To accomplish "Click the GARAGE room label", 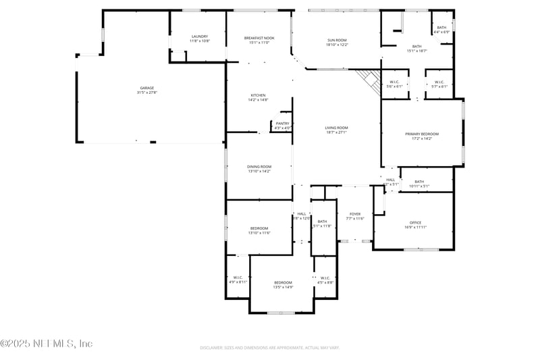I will pyautogui.click(x=146, y=88).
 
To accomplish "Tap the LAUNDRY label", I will pyautogui.click(x=199, y=36).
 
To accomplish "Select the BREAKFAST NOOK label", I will pyautogui.click(x=259, y=38).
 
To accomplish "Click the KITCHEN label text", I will pyautogui.click(x=259, y=95).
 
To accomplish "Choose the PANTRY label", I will pyautogui.click(x=282, y=124).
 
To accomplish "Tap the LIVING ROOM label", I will pyautogui.click(x=336, y=128).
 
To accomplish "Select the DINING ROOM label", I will pyautogui.click(x=259, y=167).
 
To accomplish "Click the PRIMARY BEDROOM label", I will pyautogui.click(x=422, y=134).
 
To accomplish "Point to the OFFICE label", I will pyautogui.click(x=415, y=222).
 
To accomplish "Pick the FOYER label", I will pyautogui.click(x=354, y=214).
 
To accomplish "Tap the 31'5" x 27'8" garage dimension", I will pyautogui.click(x=146, y=93).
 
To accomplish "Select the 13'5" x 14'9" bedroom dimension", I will pyautogui.click(x=283, y=287).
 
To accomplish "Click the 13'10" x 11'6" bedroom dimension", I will pyautogui.click(x=259, y=233).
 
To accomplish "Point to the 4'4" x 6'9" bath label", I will pyautogui.click(x=441, y=32).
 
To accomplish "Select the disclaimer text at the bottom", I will pyautogui.click(x=270, y=348).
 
